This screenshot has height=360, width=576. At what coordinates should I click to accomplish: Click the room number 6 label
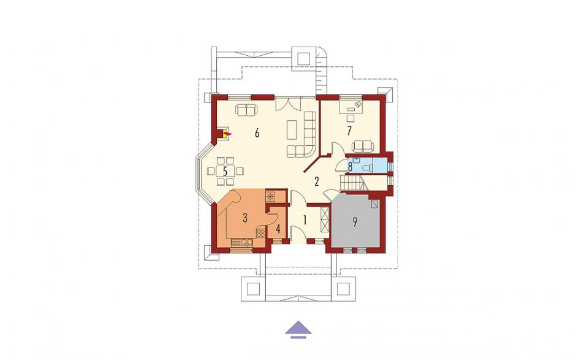(x=257, y=133)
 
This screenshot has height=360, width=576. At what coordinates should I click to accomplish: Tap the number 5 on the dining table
(x=225, y=171)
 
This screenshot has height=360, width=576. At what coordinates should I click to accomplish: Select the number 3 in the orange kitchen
(x=245, y=218)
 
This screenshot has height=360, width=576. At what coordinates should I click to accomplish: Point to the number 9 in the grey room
(x=355, y=222)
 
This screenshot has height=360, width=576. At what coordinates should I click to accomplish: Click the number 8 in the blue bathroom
(x=351, y=167)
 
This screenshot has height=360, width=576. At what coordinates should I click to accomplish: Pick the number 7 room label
(x=349, y=131)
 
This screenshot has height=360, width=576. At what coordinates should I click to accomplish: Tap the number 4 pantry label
(x=278, y=229)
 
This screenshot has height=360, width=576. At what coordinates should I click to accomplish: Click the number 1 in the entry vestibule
(x=305, y=220)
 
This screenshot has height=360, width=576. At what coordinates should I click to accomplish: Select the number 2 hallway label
(x=316, y=182)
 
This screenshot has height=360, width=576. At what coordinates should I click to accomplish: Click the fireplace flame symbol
(x=227, y=134)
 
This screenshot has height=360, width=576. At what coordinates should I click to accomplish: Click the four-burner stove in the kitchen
(x=260, y=233)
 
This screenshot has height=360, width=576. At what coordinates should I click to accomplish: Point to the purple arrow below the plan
(x=298, y=329)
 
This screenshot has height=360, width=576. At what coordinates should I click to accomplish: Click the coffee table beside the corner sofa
(x=292, y=129)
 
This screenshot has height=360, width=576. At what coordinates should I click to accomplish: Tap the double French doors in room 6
(x=289, y=104)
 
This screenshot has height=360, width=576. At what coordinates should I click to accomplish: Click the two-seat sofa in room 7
(x=363, y=147)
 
